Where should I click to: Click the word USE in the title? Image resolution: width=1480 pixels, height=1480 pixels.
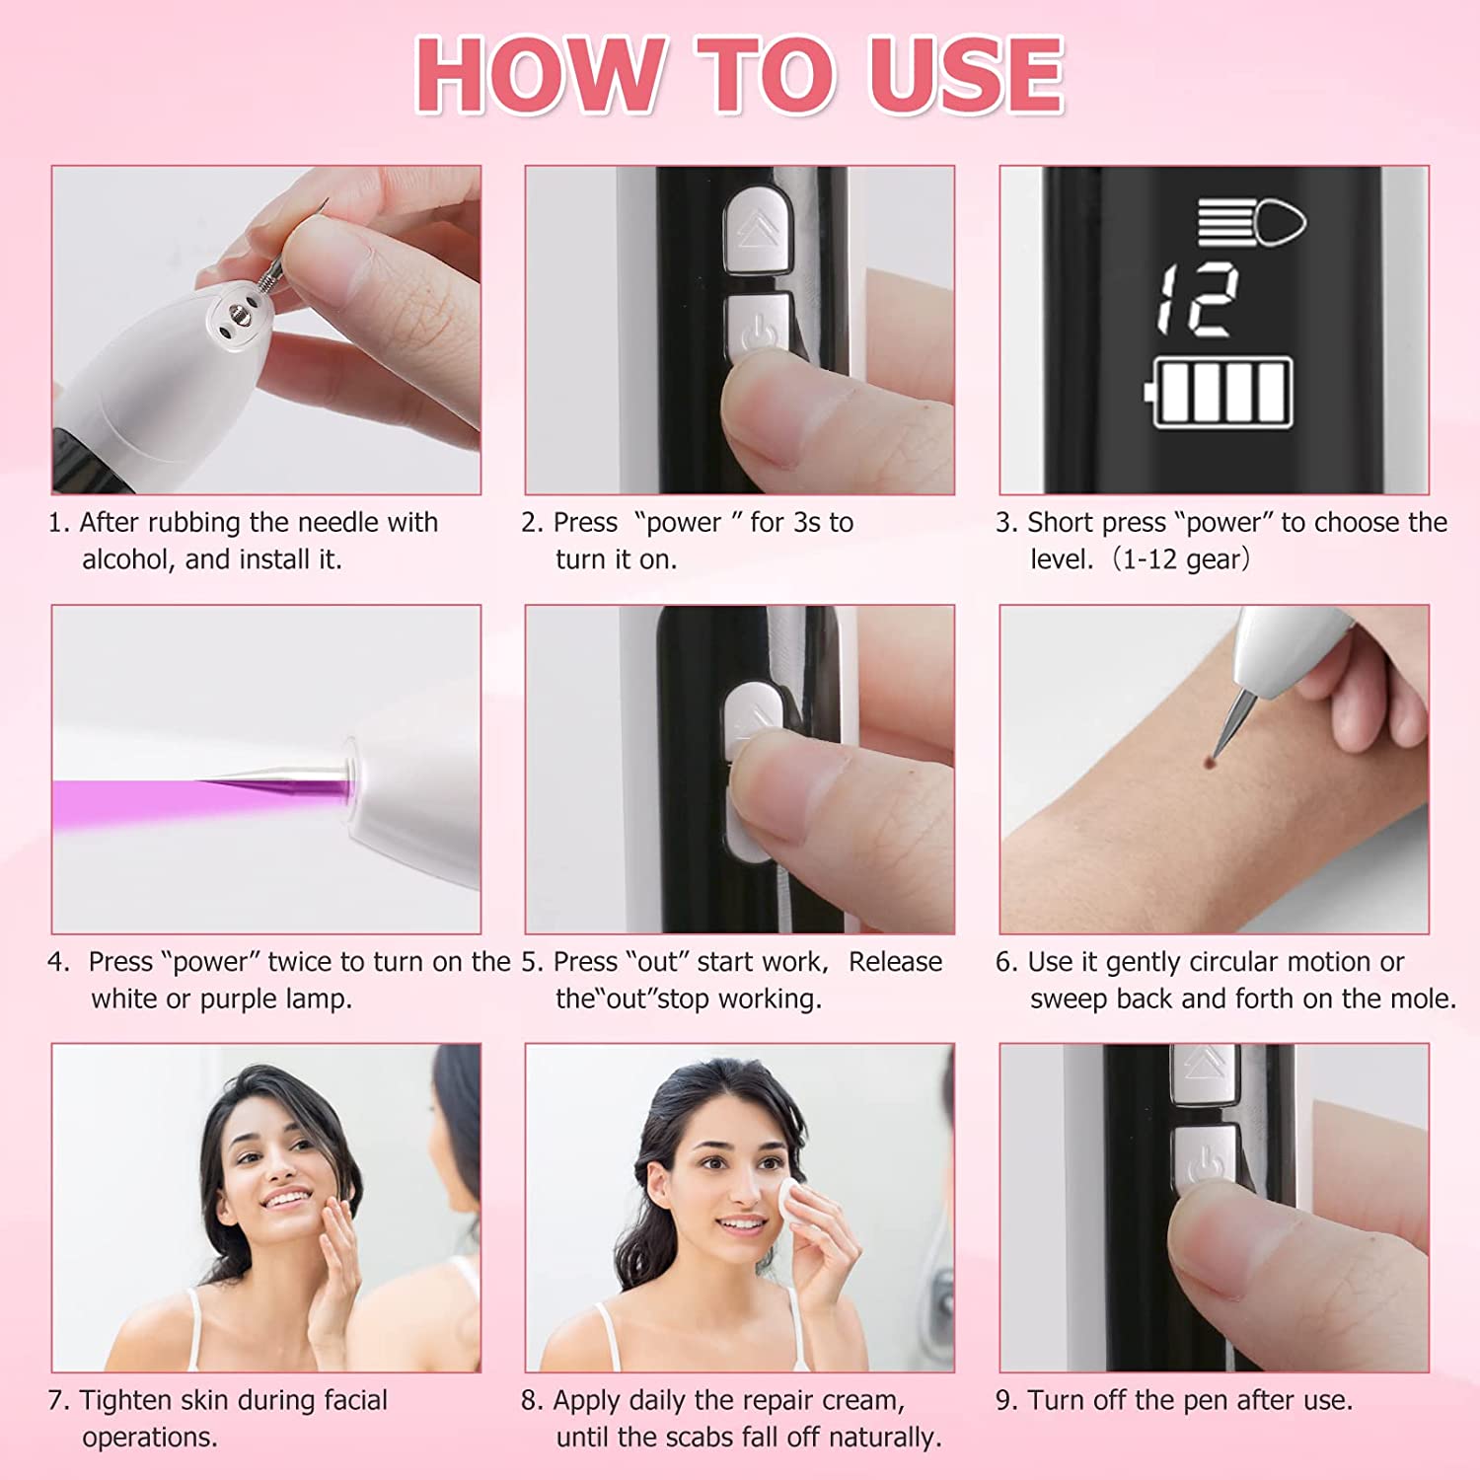965,76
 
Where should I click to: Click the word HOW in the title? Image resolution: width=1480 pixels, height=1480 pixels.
539,76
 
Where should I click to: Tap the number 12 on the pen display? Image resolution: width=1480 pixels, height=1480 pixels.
1197,300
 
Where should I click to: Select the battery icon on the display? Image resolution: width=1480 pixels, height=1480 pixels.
1219,393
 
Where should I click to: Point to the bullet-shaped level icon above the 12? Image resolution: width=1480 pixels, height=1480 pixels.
1252,222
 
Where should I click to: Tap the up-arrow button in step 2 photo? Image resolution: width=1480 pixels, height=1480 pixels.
758,231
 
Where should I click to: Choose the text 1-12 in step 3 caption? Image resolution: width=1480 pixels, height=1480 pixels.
1150,559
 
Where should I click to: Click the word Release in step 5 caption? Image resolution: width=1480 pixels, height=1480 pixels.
895,961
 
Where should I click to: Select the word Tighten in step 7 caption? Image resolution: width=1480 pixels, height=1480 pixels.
124,1400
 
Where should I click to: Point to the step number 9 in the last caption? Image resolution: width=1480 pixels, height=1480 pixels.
1003,1400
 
